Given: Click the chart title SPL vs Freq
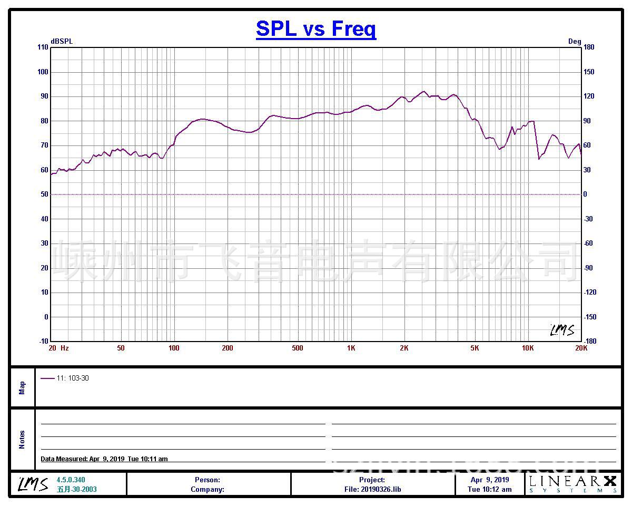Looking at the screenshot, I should pos(316,28).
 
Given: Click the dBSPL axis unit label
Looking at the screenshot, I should pos(62,42).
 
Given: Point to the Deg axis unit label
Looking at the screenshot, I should pos(575,42).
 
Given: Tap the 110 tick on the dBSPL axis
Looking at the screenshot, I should pos(43,47).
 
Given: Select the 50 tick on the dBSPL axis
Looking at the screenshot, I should pos(44,194).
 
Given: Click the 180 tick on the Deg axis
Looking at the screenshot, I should pos(589,47).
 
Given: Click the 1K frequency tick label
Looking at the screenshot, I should pos(351,348).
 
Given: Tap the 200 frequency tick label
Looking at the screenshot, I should pos(227,348).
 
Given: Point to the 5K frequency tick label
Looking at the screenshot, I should pos(475,348).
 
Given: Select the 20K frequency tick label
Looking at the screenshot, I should pos(581,348).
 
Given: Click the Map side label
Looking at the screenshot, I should pos(22,388).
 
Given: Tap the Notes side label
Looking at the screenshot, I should pos(22,440).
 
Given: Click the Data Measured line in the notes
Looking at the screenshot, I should pos(104,459).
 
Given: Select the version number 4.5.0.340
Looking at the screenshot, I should pos(71,480).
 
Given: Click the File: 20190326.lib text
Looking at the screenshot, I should pos(372,489).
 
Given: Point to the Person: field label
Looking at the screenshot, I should pos(208,480).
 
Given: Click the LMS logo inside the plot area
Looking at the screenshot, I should pos(562,330).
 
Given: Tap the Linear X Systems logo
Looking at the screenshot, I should pos(572,484).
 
